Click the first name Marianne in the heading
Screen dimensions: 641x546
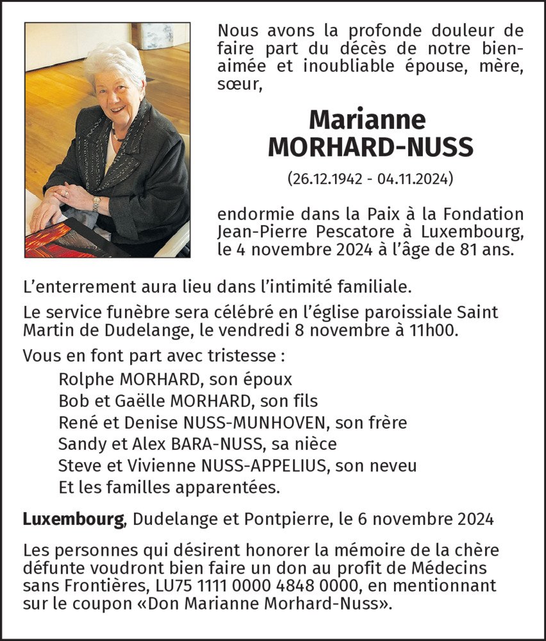click(x=367, y=119)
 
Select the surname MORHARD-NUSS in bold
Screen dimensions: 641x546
click(x=371, y=147)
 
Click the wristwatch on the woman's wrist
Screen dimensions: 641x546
click(x=96, y=203)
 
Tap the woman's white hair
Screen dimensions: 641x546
click(x=114, y=60)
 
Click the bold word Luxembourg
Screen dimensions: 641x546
click(x=73, y=519)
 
